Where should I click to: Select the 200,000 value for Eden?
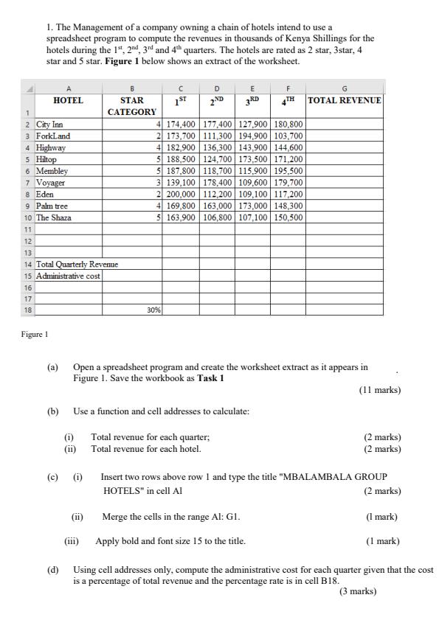pyautogui.click(x=181, y=195)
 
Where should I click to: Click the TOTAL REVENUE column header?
pyautogui.click(x=345, y=100)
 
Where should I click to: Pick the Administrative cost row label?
pyautogui.click(x=68, y=276)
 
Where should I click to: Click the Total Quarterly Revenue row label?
pyautogui.click(x=76, y=264)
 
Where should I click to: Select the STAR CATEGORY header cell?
pyautogui.click(x=132, y=105)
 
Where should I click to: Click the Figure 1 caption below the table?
pyautogui.click(x=34, y=334)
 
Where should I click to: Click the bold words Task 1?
pyautogui.click(x=211, y=378)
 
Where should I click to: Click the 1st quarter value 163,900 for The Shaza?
pyautogui.click(x=181, y=217)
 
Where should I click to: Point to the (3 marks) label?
pyautogui.click(x=358, y=591)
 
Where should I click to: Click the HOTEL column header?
pyautogui.click(x=68, y=100)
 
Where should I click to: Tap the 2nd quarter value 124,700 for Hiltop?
pyautogui.click(x=217, y=159)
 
